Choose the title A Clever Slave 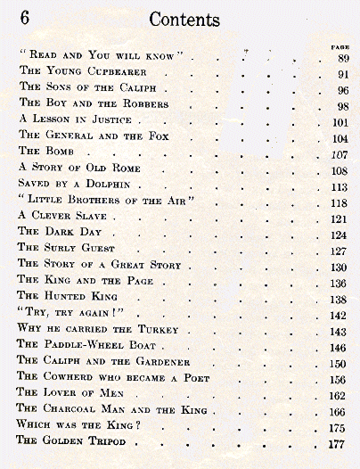(62, 216)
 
